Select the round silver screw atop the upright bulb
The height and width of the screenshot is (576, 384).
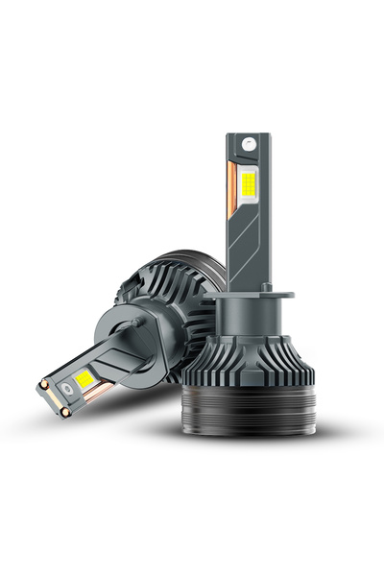coord(251,140)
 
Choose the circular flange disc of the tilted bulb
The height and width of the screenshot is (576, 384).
coord(144,308)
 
